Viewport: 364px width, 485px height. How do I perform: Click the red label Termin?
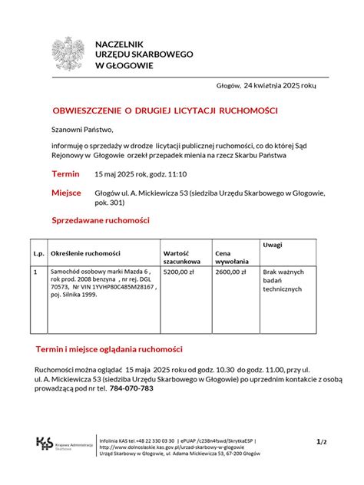coord(65,174)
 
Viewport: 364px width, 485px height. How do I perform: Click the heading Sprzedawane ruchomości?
coord(101,221)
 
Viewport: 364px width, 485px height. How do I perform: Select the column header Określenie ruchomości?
coord(85,253)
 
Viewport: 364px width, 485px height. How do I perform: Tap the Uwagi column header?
coord(273,244)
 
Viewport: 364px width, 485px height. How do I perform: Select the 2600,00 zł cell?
coord(230,272)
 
